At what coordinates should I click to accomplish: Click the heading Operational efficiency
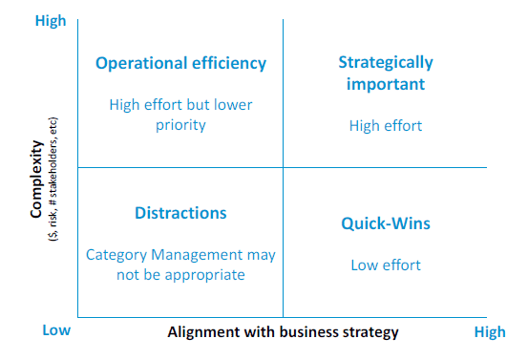tap(180, 63)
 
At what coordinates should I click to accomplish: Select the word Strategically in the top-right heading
tap(385, 63)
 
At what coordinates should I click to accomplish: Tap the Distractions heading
tap(180, 212)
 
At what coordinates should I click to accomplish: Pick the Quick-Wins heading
tap(386, 223)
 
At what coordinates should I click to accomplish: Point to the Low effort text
tap(386, 265)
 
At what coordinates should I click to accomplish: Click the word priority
tap(180, 125)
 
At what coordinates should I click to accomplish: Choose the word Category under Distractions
tap(116, 255)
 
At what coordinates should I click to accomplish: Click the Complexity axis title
tap(35, 180)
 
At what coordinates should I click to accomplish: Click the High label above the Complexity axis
tap(50, 20)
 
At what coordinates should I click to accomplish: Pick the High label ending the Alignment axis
tap(490, 332)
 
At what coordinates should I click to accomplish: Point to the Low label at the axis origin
tap(56, 330)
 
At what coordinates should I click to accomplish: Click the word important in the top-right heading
tap(386, 84)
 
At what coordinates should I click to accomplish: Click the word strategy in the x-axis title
tap(370, 332)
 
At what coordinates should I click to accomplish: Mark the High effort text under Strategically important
tap(386, 125)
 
